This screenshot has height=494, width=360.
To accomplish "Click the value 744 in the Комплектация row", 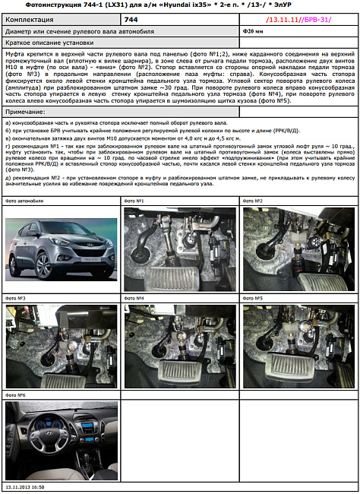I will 131,17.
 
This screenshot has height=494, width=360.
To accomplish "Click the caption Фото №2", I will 253,201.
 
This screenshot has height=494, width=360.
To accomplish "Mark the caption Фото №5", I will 253,299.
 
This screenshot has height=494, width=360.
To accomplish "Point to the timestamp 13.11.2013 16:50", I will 25,486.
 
